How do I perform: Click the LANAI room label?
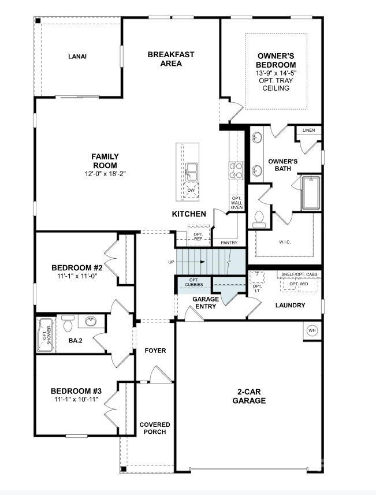(77, 56)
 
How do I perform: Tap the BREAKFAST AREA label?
(171, 59)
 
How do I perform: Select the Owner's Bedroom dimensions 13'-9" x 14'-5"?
(276, 73)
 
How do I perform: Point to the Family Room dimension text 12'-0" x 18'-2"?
(105, 173)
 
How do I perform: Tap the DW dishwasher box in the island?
(191, 191)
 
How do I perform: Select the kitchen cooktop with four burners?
(236, 170)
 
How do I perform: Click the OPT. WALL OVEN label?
(237, 203)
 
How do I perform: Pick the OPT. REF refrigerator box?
(198, 236)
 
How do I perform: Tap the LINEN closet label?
(308, 131)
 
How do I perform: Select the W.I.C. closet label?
(284, 241)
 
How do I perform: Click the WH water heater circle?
(312, 330)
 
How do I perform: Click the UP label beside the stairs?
(171, 262)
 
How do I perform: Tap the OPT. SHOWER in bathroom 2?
(46, 335)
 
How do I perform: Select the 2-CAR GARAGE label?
(249, 396)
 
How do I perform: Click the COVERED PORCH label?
(154, 428)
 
